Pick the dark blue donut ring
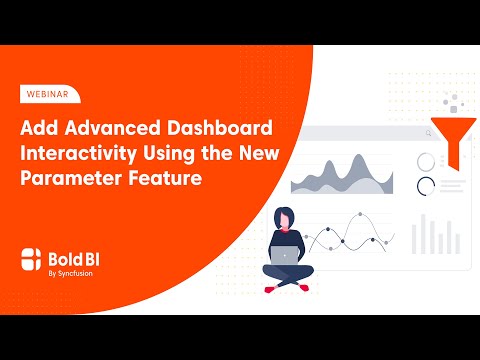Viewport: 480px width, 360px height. click(427, 185)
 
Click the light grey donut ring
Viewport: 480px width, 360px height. click(427, 160)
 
